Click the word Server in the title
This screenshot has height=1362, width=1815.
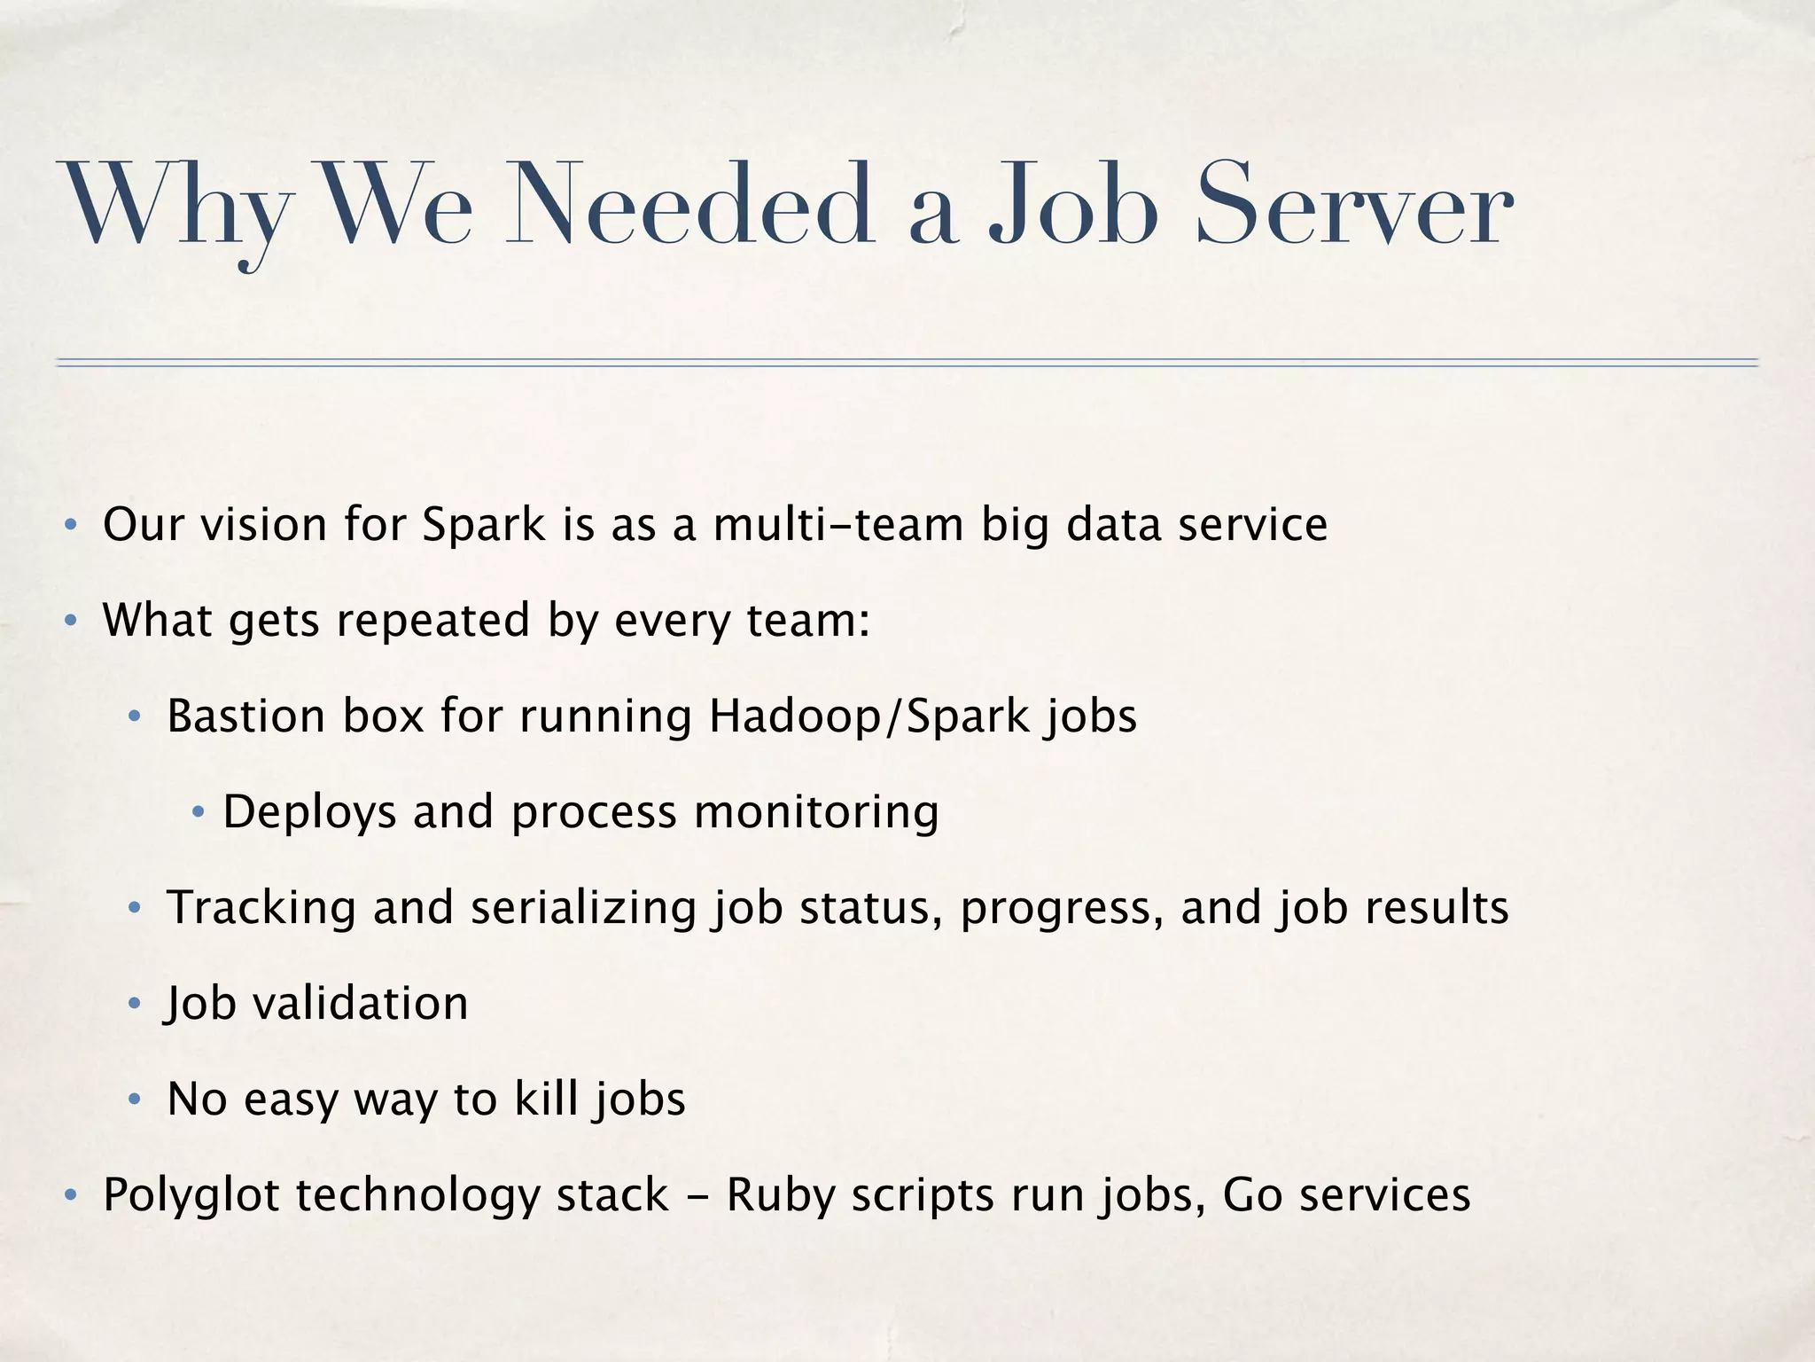tap(1353, 206)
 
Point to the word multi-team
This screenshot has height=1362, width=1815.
tap(838, 524)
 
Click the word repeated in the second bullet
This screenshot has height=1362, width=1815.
tap(432, 620)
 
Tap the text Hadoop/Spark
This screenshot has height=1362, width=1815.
tap(869, 716)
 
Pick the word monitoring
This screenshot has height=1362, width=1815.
tap(816, 812)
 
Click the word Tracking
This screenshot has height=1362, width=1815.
tap(261, 907)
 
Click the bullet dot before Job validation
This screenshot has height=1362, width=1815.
tap(135, 1004)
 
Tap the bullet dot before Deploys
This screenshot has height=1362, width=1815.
tap(199, 812)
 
